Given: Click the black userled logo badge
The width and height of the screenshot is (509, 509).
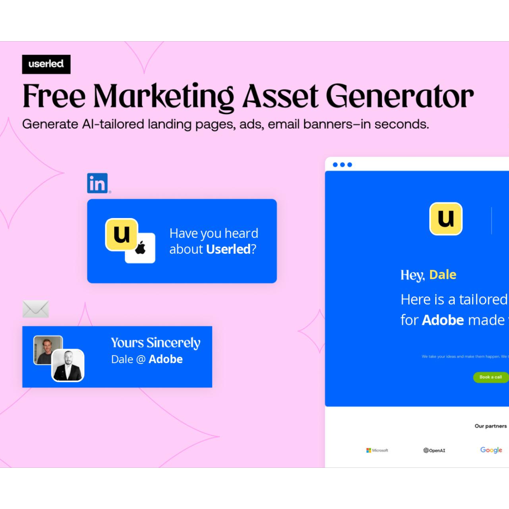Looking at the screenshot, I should click(x=46, y=64).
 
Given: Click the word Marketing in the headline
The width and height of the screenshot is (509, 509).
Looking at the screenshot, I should click(x=163, y=97).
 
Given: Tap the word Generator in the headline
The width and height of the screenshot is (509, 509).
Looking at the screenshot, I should click(x=400, y=97).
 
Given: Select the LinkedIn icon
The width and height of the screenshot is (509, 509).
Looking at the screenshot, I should click(x=98, y=183).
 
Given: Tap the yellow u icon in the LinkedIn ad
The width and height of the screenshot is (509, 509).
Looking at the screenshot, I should click(x=122, y=234).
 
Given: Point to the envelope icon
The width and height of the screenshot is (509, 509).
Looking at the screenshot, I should click(x=36, y=309).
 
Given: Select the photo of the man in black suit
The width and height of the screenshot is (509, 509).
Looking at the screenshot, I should click(x=68, y=365).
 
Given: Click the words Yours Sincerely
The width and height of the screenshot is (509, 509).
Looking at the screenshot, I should click(x=156, y=343).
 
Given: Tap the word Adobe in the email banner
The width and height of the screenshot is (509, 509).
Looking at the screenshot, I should click(x=165, y=359).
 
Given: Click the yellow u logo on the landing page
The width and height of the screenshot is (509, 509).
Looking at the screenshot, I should click(x=446, y=219).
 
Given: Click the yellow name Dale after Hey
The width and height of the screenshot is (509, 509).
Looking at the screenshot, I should click(x=442, y=275).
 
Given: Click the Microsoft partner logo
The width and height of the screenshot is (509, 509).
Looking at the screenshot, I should click(x=377, y=450).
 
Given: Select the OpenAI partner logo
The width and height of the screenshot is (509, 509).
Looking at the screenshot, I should click(x=434, y=450).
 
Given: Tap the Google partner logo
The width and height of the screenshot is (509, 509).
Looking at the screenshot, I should click(x=491, y=450).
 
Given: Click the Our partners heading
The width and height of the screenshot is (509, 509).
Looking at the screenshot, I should click(x=490, y=426).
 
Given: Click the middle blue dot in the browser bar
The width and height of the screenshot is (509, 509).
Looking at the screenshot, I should click(x=342, y=165).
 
